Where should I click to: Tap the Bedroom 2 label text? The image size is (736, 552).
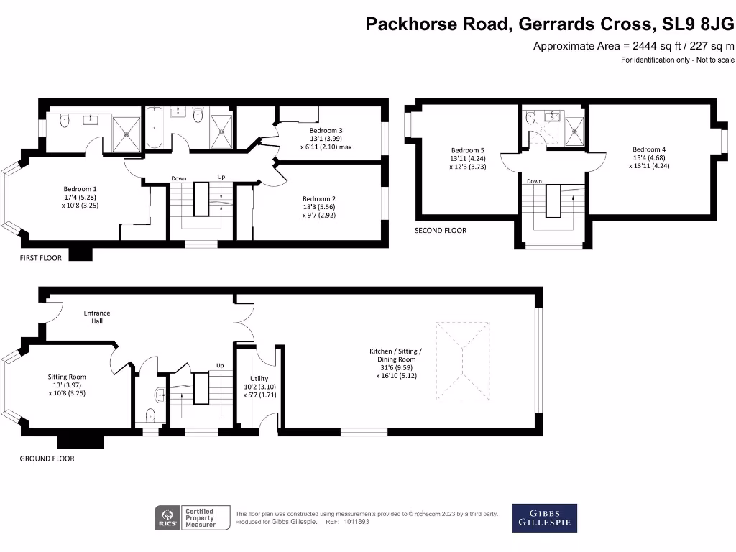320,199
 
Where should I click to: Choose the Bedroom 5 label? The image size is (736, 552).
468,149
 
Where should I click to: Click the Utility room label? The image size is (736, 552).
259,378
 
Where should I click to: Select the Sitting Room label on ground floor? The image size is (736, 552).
67,377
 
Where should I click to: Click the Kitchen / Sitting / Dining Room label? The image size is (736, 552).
395,351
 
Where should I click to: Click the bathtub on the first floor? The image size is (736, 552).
155,128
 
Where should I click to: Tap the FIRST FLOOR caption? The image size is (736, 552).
40,257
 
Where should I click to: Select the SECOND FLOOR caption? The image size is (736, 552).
440,231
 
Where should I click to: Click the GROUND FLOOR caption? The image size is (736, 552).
47,459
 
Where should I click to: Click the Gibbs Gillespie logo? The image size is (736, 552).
544,517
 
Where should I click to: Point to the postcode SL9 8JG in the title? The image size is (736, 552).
695,24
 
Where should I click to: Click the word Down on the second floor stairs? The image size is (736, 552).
534,181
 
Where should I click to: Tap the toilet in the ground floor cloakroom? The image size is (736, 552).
149,415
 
